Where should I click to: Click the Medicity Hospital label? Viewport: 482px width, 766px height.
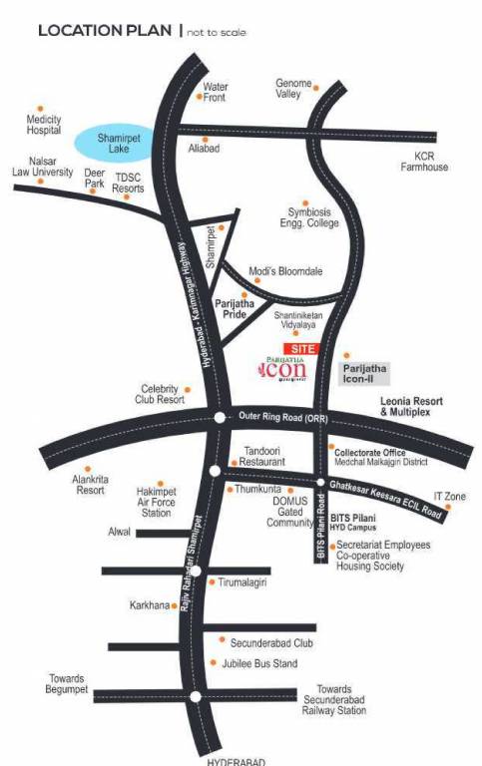click(x=45, y=124)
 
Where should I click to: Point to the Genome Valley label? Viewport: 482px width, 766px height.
click(x=294, y=88)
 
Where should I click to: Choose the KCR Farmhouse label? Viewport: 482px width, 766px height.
click(x=431, y=161)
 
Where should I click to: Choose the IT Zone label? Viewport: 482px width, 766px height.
click(x=449, y=496)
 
